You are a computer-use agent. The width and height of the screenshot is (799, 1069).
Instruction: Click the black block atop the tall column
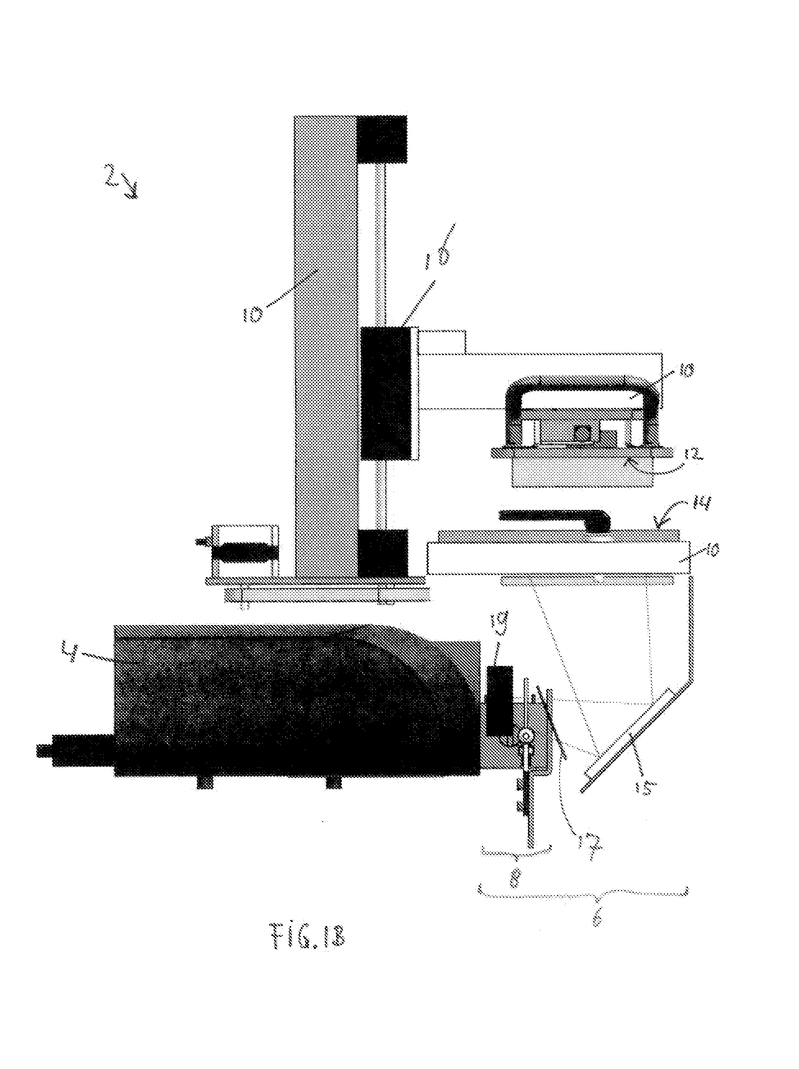[x=382, y=139]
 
